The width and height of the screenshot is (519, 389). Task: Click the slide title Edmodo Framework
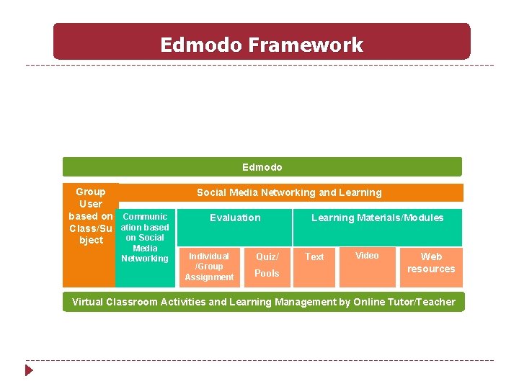(x=261, y=45)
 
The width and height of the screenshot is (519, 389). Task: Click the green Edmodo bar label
(x=262, y=167)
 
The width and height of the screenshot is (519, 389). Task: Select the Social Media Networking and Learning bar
(x=289, y=192)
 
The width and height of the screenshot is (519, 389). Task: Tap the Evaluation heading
(x=235, y=218)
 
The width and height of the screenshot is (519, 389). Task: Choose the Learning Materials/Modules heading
(x=377, y=218)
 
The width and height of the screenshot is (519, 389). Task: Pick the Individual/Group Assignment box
(x=209, y=267)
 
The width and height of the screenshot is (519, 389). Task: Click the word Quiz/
(x=267, y=256)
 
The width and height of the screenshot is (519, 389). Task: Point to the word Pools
(x=267, y=274)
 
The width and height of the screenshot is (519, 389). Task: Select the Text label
(x=314, y=256)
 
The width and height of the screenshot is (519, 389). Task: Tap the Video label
(x=367, y=256)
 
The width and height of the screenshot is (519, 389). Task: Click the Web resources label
(x=431, y=262)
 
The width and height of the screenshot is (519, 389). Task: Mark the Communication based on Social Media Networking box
(x=145, y=238)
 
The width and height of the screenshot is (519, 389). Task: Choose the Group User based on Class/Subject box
(x=91, y=216)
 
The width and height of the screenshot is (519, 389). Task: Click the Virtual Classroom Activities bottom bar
(x=264, y=302)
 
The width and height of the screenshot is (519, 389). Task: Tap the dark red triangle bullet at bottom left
(x=29, y=370)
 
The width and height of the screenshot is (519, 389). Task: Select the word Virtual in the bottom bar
(x=87, y=302)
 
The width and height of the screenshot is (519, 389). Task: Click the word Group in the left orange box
(x=91, y=192)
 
